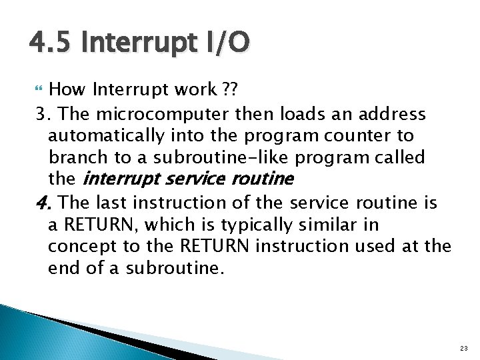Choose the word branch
point(77,158)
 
